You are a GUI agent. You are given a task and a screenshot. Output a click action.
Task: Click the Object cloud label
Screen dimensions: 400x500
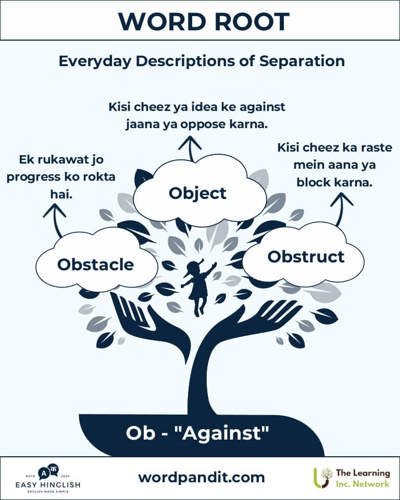coord(197,194)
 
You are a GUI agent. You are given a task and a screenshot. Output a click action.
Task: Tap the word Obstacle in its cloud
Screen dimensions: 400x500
coord(95,265)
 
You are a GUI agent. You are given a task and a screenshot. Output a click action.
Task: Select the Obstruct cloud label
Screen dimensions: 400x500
coord(306,257)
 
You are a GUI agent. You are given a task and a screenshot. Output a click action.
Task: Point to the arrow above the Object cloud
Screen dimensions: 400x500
coord(190,148)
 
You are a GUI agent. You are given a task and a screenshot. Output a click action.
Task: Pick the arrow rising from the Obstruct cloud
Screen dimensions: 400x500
coord(341,209)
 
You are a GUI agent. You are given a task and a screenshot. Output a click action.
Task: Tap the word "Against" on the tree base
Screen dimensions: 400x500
coord(226,433)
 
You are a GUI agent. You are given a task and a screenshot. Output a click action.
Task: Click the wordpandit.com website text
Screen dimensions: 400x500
coord(201,478)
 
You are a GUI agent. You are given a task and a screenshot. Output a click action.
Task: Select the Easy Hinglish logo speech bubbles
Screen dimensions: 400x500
coord(48,471)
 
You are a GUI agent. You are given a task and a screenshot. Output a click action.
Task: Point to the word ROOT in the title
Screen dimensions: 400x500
coord(252,22)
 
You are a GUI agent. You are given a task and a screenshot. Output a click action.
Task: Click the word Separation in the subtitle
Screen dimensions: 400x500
coord(302,61)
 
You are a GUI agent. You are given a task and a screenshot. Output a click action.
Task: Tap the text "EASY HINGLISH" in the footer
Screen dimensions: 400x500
coord(48,485)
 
